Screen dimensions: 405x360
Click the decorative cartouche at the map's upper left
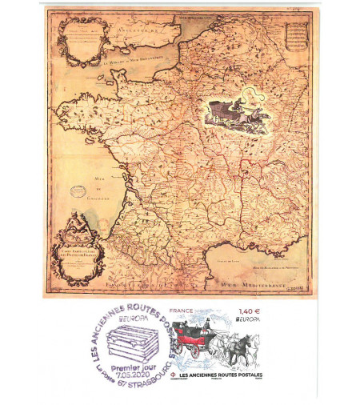(x=84, y=40)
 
